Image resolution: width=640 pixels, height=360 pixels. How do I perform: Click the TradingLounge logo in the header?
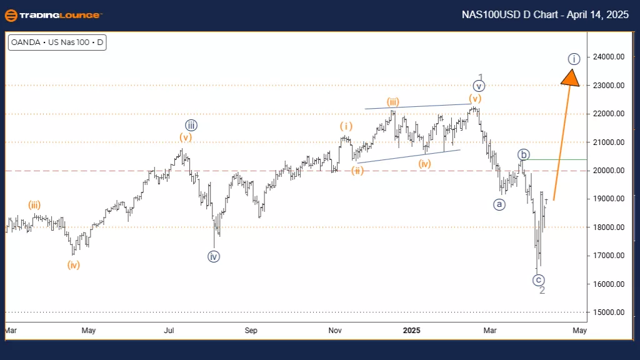point(53,15)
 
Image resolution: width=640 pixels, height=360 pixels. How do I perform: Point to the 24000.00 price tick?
point(609,57)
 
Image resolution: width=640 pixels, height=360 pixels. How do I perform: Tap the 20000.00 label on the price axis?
point(609,171)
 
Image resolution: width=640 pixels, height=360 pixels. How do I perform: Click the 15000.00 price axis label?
point(609,312)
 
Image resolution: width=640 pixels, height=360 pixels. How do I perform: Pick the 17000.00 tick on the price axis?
point(609,256)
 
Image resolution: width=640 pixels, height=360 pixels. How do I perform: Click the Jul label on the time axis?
point(169,330)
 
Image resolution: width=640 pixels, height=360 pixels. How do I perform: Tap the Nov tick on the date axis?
point(334,330)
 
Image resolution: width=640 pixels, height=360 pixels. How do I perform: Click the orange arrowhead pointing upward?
point(570,77)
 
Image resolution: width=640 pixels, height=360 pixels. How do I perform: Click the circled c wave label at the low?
point(539,280)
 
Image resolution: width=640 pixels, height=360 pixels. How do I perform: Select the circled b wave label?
point(524,154)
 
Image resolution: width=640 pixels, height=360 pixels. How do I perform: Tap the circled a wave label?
point(499,204)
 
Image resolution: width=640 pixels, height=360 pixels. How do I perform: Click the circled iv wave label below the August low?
point(214,256)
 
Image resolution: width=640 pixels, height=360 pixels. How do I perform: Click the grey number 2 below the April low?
point(542,291)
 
